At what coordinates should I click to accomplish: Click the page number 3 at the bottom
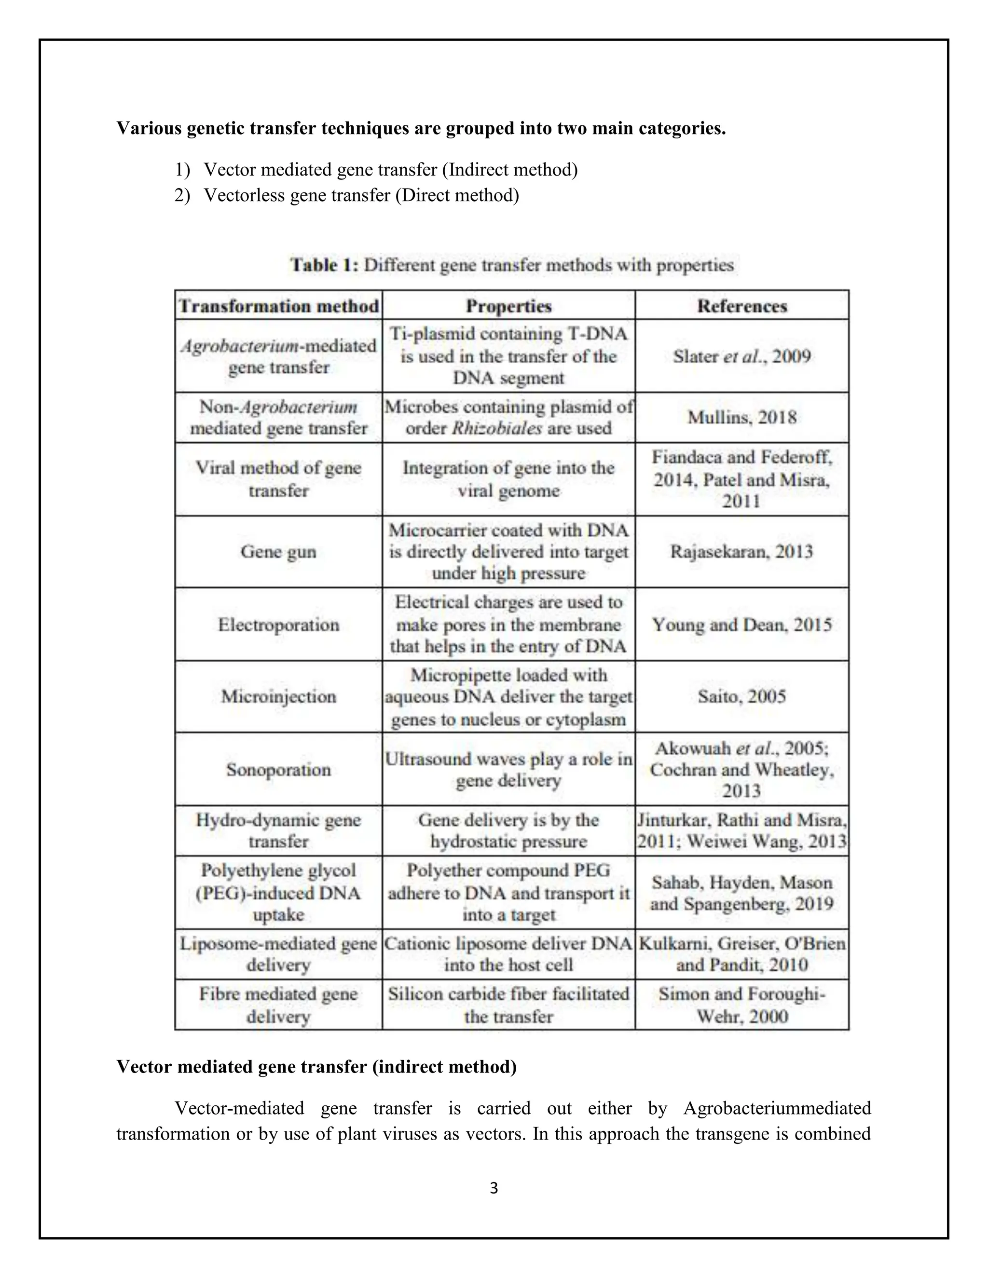pyautogui.click(x=494, y=1188)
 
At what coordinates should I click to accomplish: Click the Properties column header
pyautogui.click(x=508, y=306)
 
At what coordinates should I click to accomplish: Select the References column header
pyautogui.click(x=741, y=306)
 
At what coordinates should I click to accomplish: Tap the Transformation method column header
pyautogui.click(x=279, y=306)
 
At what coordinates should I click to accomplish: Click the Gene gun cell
pyautogui.click(x=279, y=552)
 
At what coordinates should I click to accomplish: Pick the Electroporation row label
pyautogui.click(x=279, y=625)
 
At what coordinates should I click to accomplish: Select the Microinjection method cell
pyautogui.click(x=279, y=696)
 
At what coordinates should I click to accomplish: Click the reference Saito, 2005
pyautogui.click(x=741, y=696)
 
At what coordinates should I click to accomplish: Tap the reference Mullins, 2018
pyautogui.click(x=741, y=417)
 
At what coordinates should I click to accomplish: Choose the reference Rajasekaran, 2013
pyautogui.click(x=741, y=552)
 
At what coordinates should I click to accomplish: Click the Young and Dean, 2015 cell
pyautogui.click(x=741, y=625)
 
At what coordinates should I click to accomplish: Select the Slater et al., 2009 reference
pyautogui.click(x=741, y=356)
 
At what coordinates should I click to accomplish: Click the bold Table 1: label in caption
pyautogui.click(x=325, y=265)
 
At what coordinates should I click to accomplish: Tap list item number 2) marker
pyautogui.click(x=182, y=195)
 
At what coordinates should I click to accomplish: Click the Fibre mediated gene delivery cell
pyautogui.click(x=279, y=1005)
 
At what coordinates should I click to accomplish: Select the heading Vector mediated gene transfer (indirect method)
pyautogui.click(x=316, y=1067)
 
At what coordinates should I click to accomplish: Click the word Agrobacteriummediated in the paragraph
pyautogui.click(x=777, y=1108)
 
